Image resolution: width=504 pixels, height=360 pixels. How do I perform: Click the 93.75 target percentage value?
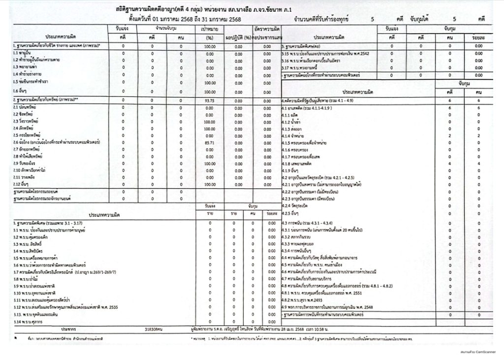click(x=210, y=99)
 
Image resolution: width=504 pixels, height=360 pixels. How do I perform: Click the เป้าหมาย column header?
click(x=210, y=30)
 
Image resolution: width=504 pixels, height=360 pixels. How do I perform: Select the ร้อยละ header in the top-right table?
click(x=475, y=37)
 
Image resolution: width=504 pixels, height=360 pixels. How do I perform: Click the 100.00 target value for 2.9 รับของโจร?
click(x=210, y=163)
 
